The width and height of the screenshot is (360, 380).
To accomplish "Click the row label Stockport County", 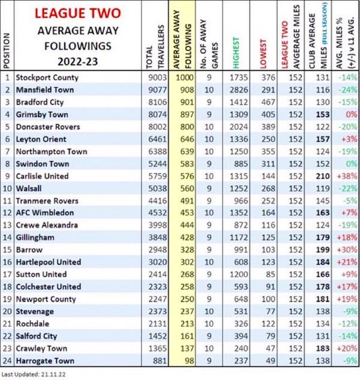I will [47, 77].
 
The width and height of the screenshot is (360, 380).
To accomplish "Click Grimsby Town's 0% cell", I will [346, 114].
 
